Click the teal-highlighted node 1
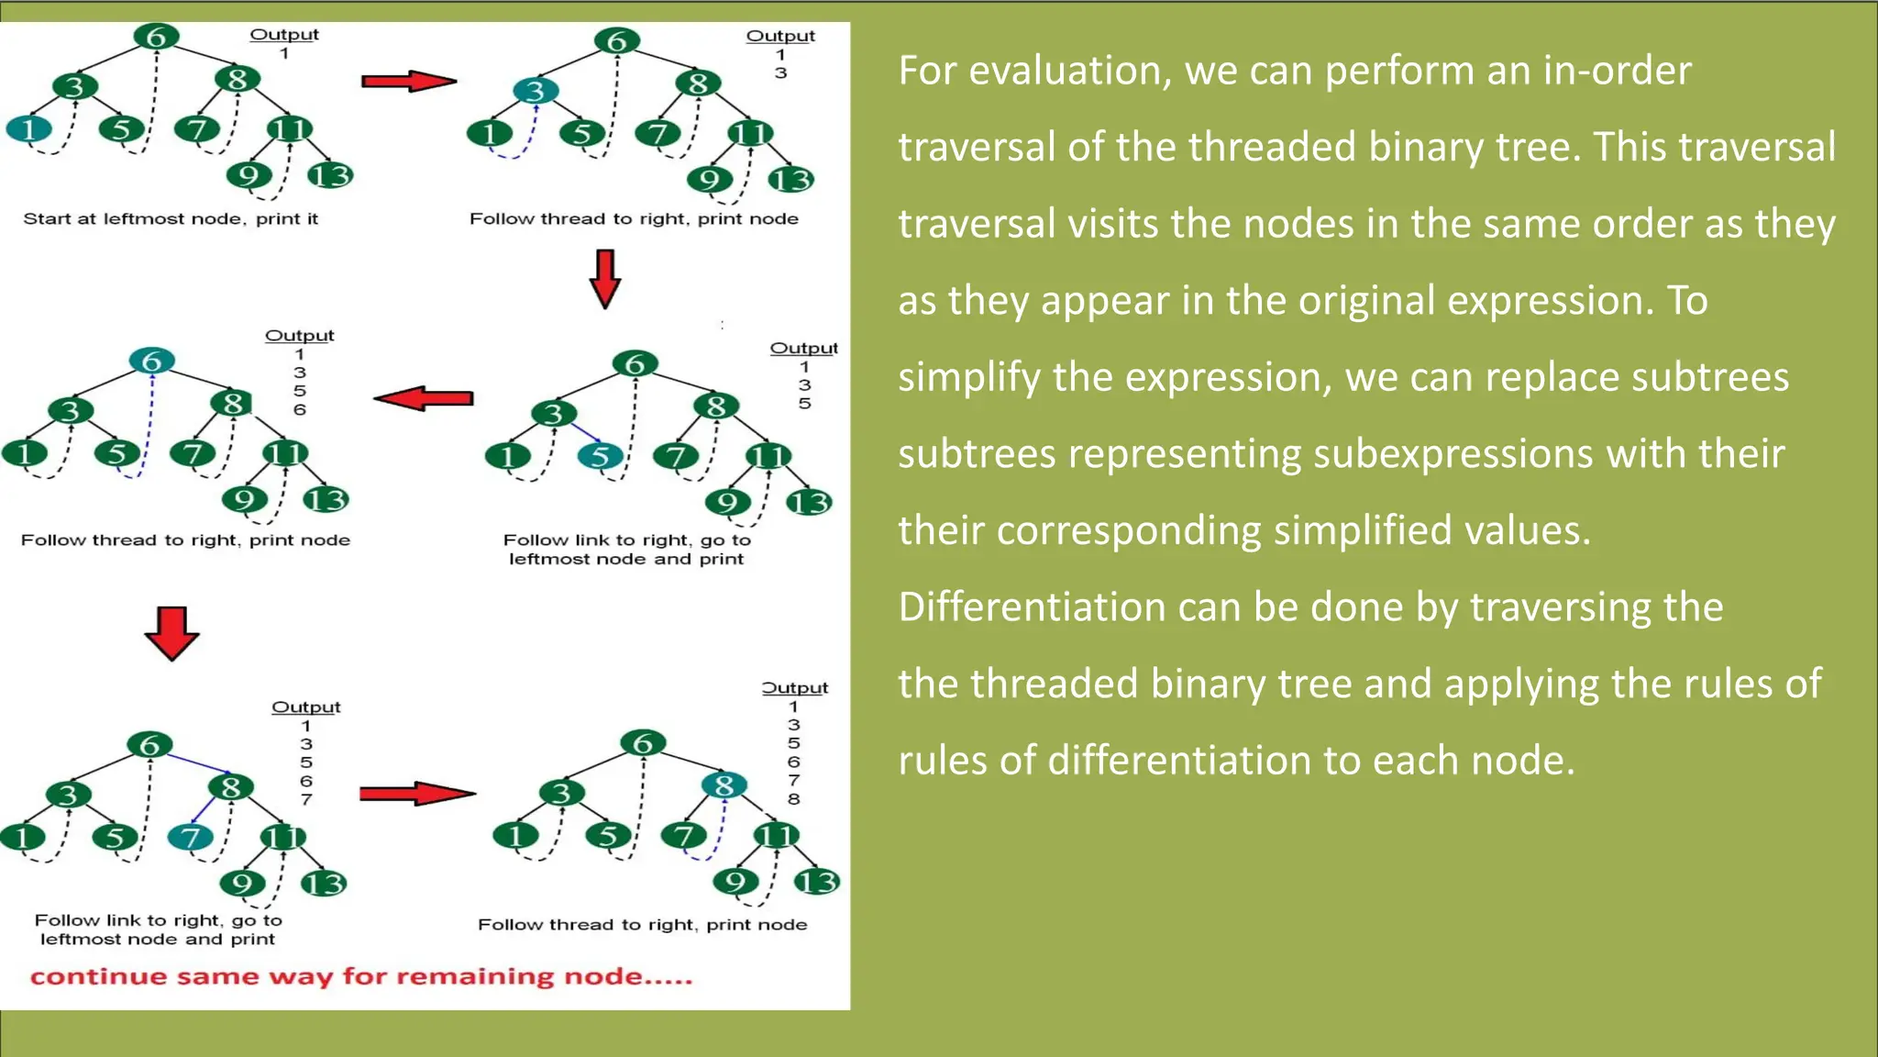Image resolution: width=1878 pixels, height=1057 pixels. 28,128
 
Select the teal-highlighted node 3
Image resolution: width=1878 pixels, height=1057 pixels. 536,91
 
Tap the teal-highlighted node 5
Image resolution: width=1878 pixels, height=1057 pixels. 600,456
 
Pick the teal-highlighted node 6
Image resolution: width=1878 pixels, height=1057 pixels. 152,361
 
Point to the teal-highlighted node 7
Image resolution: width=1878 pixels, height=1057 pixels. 191,837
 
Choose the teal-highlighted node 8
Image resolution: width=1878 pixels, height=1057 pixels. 724,785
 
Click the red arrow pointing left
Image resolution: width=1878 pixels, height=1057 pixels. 425,398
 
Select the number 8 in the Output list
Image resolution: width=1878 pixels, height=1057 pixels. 794,799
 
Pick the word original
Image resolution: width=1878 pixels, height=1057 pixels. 1330,301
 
